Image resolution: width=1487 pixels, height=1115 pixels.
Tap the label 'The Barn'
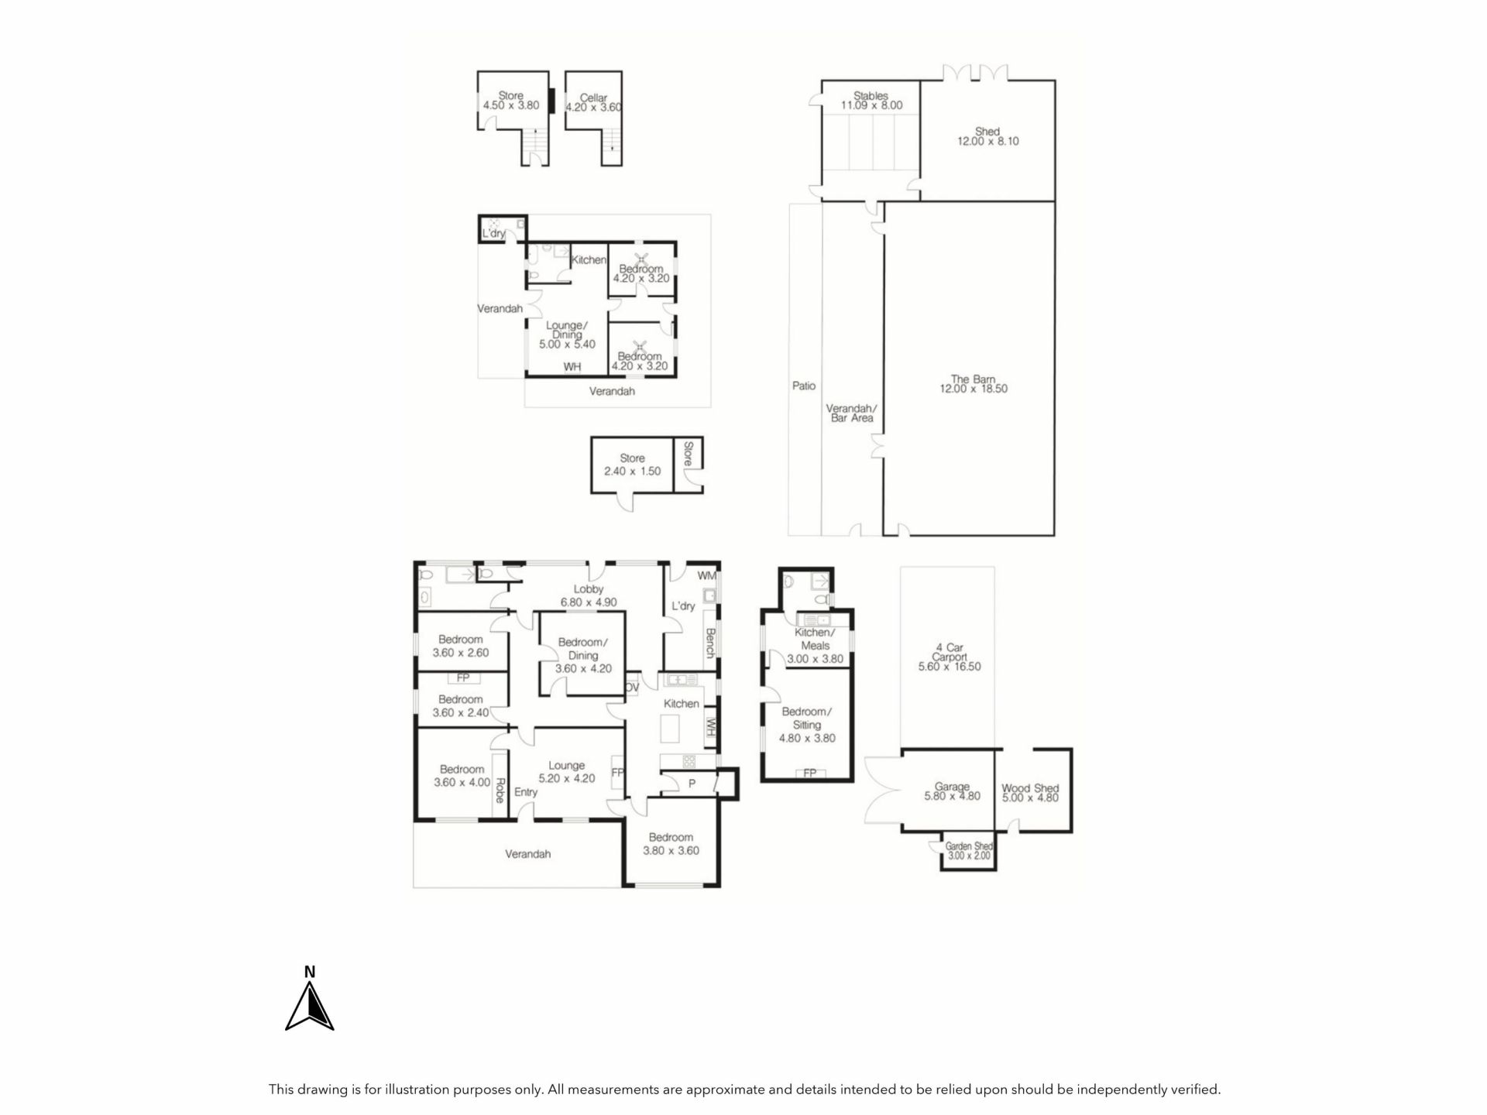[x=973, y=379]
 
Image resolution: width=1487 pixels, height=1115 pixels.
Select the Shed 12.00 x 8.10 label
[x=987, y=136]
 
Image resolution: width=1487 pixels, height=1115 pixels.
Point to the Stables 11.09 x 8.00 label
[x=871, y=101]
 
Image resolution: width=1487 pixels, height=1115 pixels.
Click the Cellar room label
[x=593, y=103]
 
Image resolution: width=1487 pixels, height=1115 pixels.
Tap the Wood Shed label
[x=1030, y=793]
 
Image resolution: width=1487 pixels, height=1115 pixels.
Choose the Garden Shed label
[x=969, y=851]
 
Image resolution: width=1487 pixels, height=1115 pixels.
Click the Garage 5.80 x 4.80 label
[x=952, y=791]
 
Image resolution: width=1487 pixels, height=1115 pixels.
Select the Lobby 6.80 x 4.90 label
[x=589, y=595]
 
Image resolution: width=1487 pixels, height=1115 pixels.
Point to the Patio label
[x=804, y=386]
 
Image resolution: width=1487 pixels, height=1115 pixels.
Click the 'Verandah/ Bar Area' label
[x=851, y=413]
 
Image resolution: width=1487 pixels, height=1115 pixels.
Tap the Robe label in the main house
[x=500, y=790]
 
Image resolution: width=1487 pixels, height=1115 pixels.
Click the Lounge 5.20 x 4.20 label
[x=567, y=772]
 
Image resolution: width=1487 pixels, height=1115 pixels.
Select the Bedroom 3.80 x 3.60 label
[x=671, y=844]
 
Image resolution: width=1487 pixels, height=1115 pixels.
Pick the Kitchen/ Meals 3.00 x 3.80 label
[x=815, y=646]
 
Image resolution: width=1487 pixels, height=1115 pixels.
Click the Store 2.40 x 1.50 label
[x=633, y=465]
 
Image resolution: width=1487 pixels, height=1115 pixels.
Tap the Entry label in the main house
[x=526, y=792]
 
